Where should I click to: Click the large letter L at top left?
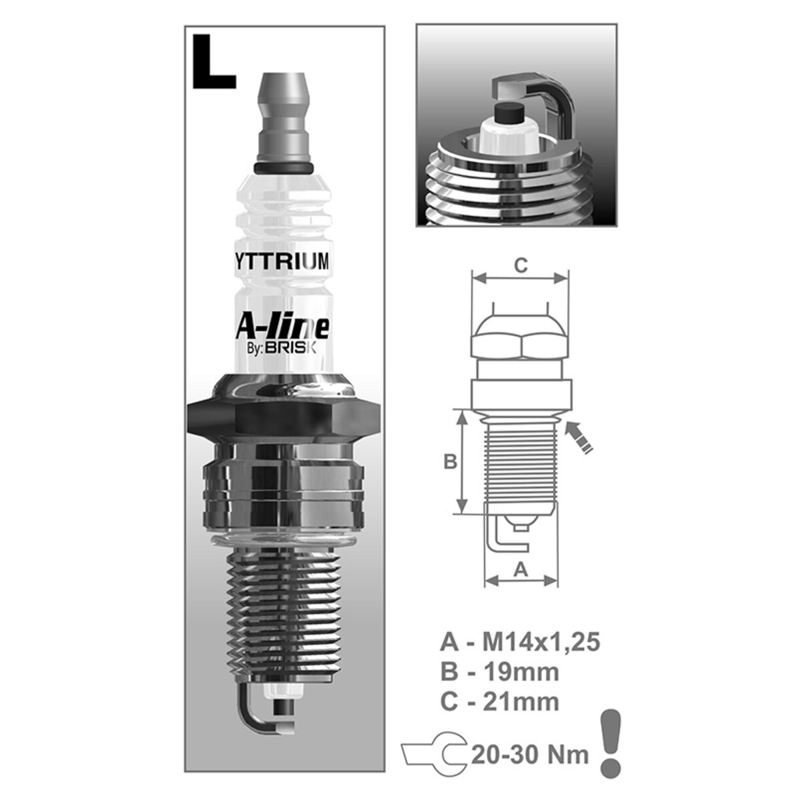(x=213, y=61)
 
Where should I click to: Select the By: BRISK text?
(x=285, y=348)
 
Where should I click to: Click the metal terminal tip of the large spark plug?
(x=284, y=113)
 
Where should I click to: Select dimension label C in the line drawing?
(x=521, y=265)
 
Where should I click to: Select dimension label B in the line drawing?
(x=450, y=461)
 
